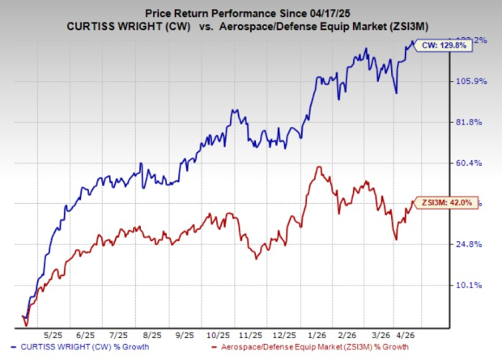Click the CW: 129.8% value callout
click(445, 46)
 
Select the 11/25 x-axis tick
click(251, 334)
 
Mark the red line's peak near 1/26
click(321, 167)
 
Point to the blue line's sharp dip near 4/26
click(396, 92)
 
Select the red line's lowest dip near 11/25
click(256, 258)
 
